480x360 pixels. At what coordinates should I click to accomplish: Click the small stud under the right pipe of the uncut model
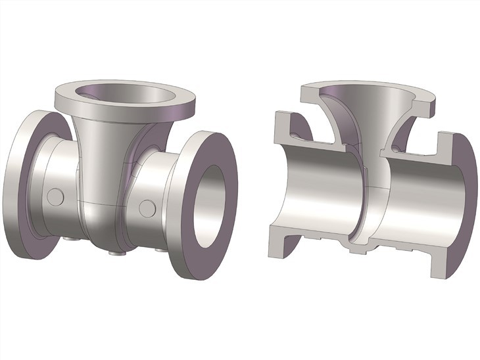pyautogui.click(x=158, y=252)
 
